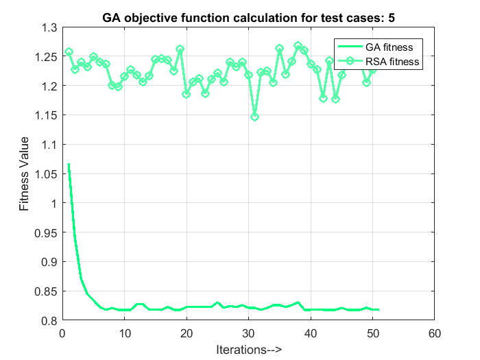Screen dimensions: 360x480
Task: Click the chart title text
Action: pos(248,18)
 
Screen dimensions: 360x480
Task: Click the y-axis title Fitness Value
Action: pos(24,174)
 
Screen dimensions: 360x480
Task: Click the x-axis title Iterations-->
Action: pos(248,349)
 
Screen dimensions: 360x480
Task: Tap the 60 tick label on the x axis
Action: pos(434,333)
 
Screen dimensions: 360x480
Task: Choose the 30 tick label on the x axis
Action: pos(248,333)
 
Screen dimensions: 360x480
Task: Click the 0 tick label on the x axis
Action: pos(62,333)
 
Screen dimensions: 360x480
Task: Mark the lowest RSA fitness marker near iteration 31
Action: pos(254,117)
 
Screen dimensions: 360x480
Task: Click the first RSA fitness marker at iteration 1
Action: pos(69,51)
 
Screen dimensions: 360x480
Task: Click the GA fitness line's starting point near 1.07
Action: pos(69,164)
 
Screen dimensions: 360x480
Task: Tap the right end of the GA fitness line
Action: pos(379,310)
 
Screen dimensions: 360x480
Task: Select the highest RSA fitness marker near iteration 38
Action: pos(298,46)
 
